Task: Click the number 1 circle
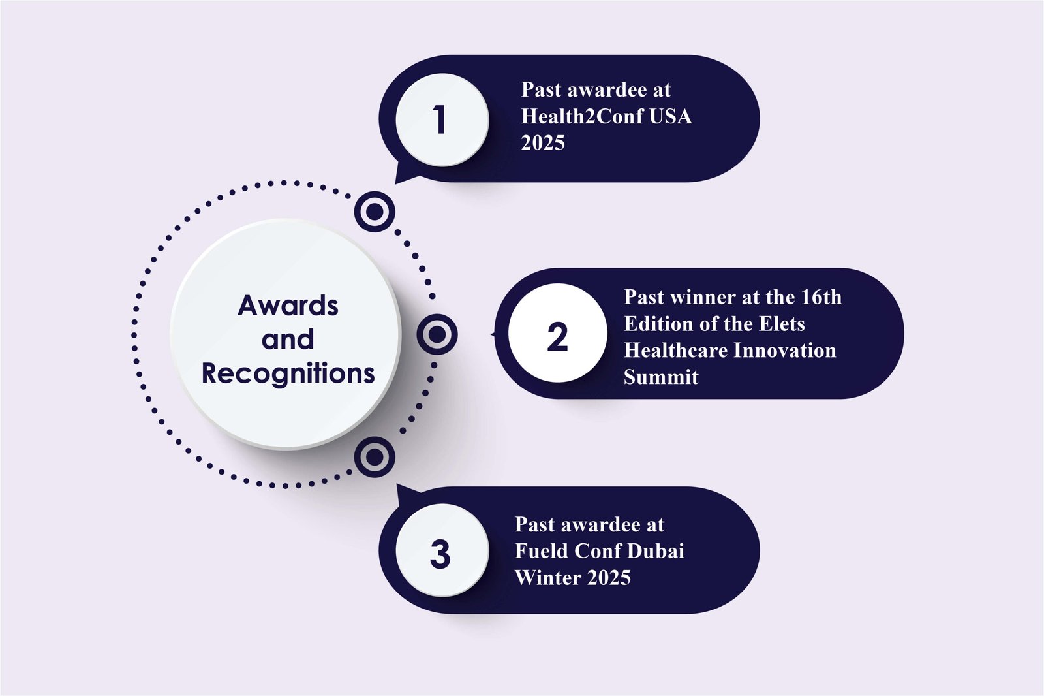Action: (442, 119)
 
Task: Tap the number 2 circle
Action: (557, 334)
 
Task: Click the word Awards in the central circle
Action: (288, 306)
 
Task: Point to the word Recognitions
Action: (288, 373)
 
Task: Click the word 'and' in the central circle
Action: (288, 340)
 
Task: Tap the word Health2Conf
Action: (582, 116)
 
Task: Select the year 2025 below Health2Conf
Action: (543, 143)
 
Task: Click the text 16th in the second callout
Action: (821, 297)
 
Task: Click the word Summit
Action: (661, 377)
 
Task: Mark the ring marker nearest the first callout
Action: (375, 212)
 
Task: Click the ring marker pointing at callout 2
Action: (437, 334)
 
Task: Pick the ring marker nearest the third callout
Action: (375, 456)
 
